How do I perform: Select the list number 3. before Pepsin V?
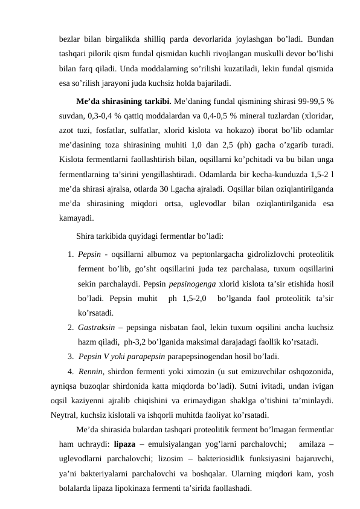71,356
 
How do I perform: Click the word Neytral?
65,415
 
